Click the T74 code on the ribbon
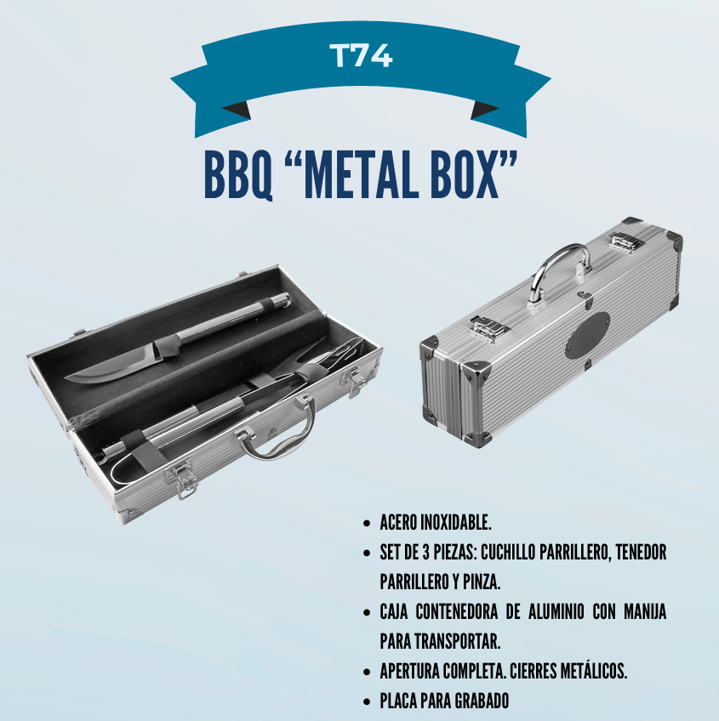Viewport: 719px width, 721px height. (361, 55)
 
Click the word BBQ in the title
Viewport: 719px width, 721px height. (238, 176)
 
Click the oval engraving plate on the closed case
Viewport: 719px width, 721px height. (587, 336)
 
